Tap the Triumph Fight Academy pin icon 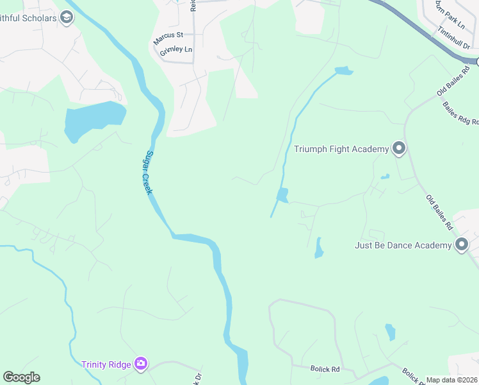399,150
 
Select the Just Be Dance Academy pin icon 462,244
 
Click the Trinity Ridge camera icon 141,364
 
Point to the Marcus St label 168,38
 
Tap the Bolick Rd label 326,369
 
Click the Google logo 21,377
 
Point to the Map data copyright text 452,380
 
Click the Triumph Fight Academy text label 341,150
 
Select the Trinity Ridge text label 106,364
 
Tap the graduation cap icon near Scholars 67,17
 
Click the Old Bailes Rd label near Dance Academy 439,212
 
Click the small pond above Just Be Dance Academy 319,248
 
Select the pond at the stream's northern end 344,71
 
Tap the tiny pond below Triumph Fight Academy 384,176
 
